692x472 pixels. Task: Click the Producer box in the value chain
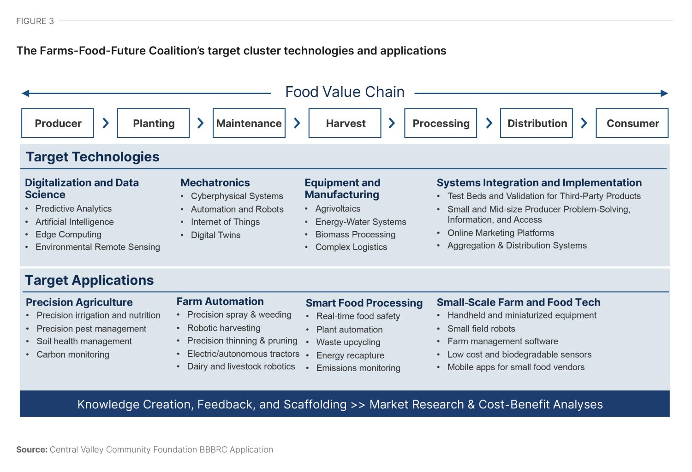[x=58, y=123]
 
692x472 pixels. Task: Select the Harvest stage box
[x=345, y=123]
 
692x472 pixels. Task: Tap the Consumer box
[x=632, y=123]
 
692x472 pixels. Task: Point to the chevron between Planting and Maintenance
[x=201, y=123]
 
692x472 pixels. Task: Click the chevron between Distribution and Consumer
[x=584, y=123]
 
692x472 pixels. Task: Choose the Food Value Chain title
[x=345, y=92]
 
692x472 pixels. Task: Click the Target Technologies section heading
[x=93, y=157]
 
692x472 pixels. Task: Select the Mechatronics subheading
[x=215, y=183]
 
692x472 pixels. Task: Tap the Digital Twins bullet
[x=215, y=235]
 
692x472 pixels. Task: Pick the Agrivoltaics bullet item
[x=338, y=209]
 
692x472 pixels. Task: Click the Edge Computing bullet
[x=68, y=235]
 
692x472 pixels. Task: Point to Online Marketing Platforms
[x=501, y=233]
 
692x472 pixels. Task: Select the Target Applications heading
[x=89, y=280]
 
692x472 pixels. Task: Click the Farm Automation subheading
[x=220, y=301]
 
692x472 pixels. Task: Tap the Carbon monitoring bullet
[x=73, y=354]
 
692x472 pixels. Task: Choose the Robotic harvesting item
[x=224, y=328]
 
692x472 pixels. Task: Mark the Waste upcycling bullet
[x=348, y=342]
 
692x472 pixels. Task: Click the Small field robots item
[x=481, y=329]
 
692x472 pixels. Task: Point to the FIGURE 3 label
[x=35, y=21]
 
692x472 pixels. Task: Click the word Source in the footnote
[x=31, y=449]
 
